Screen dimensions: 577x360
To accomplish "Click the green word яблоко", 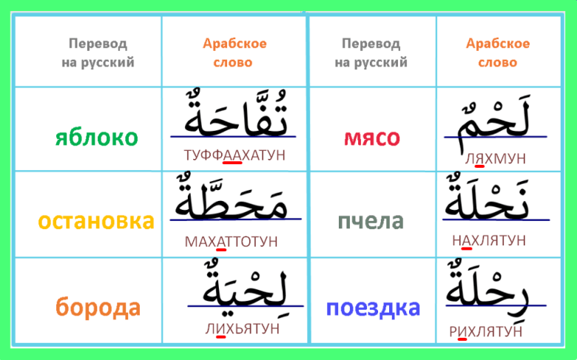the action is coord(96,138).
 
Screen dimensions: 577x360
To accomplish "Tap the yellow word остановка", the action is coord(96,221).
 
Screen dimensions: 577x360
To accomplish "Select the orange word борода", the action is coord(98,307).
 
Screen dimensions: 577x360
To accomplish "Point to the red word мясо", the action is coord(371,138).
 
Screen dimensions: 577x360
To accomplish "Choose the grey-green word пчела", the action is coord(371,221).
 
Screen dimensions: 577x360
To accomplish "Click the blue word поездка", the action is coord(373,308).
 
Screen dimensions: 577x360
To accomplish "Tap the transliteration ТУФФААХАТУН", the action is coord(234,155).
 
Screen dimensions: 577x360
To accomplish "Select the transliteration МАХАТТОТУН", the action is coord(231,242).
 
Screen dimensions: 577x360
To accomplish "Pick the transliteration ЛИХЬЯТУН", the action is coord(243,328).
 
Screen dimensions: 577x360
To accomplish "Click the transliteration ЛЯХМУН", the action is coord(496,158).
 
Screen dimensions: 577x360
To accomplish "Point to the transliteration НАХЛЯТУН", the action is coord(489,240).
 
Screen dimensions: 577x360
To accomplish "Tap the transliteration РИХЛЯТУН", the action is coord(486,331).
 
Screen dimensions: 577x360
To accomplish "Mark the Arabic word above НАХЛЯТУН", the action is coord(487,197).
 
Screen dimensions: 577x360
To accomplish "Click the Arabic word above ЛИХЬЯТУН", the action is coord(245,287).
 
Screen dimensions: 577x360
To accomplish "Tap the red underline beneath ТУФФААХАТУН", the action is coord(232,163).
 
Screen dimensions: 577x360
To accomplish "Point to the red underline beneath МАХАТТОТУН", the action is coord(221,250).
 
